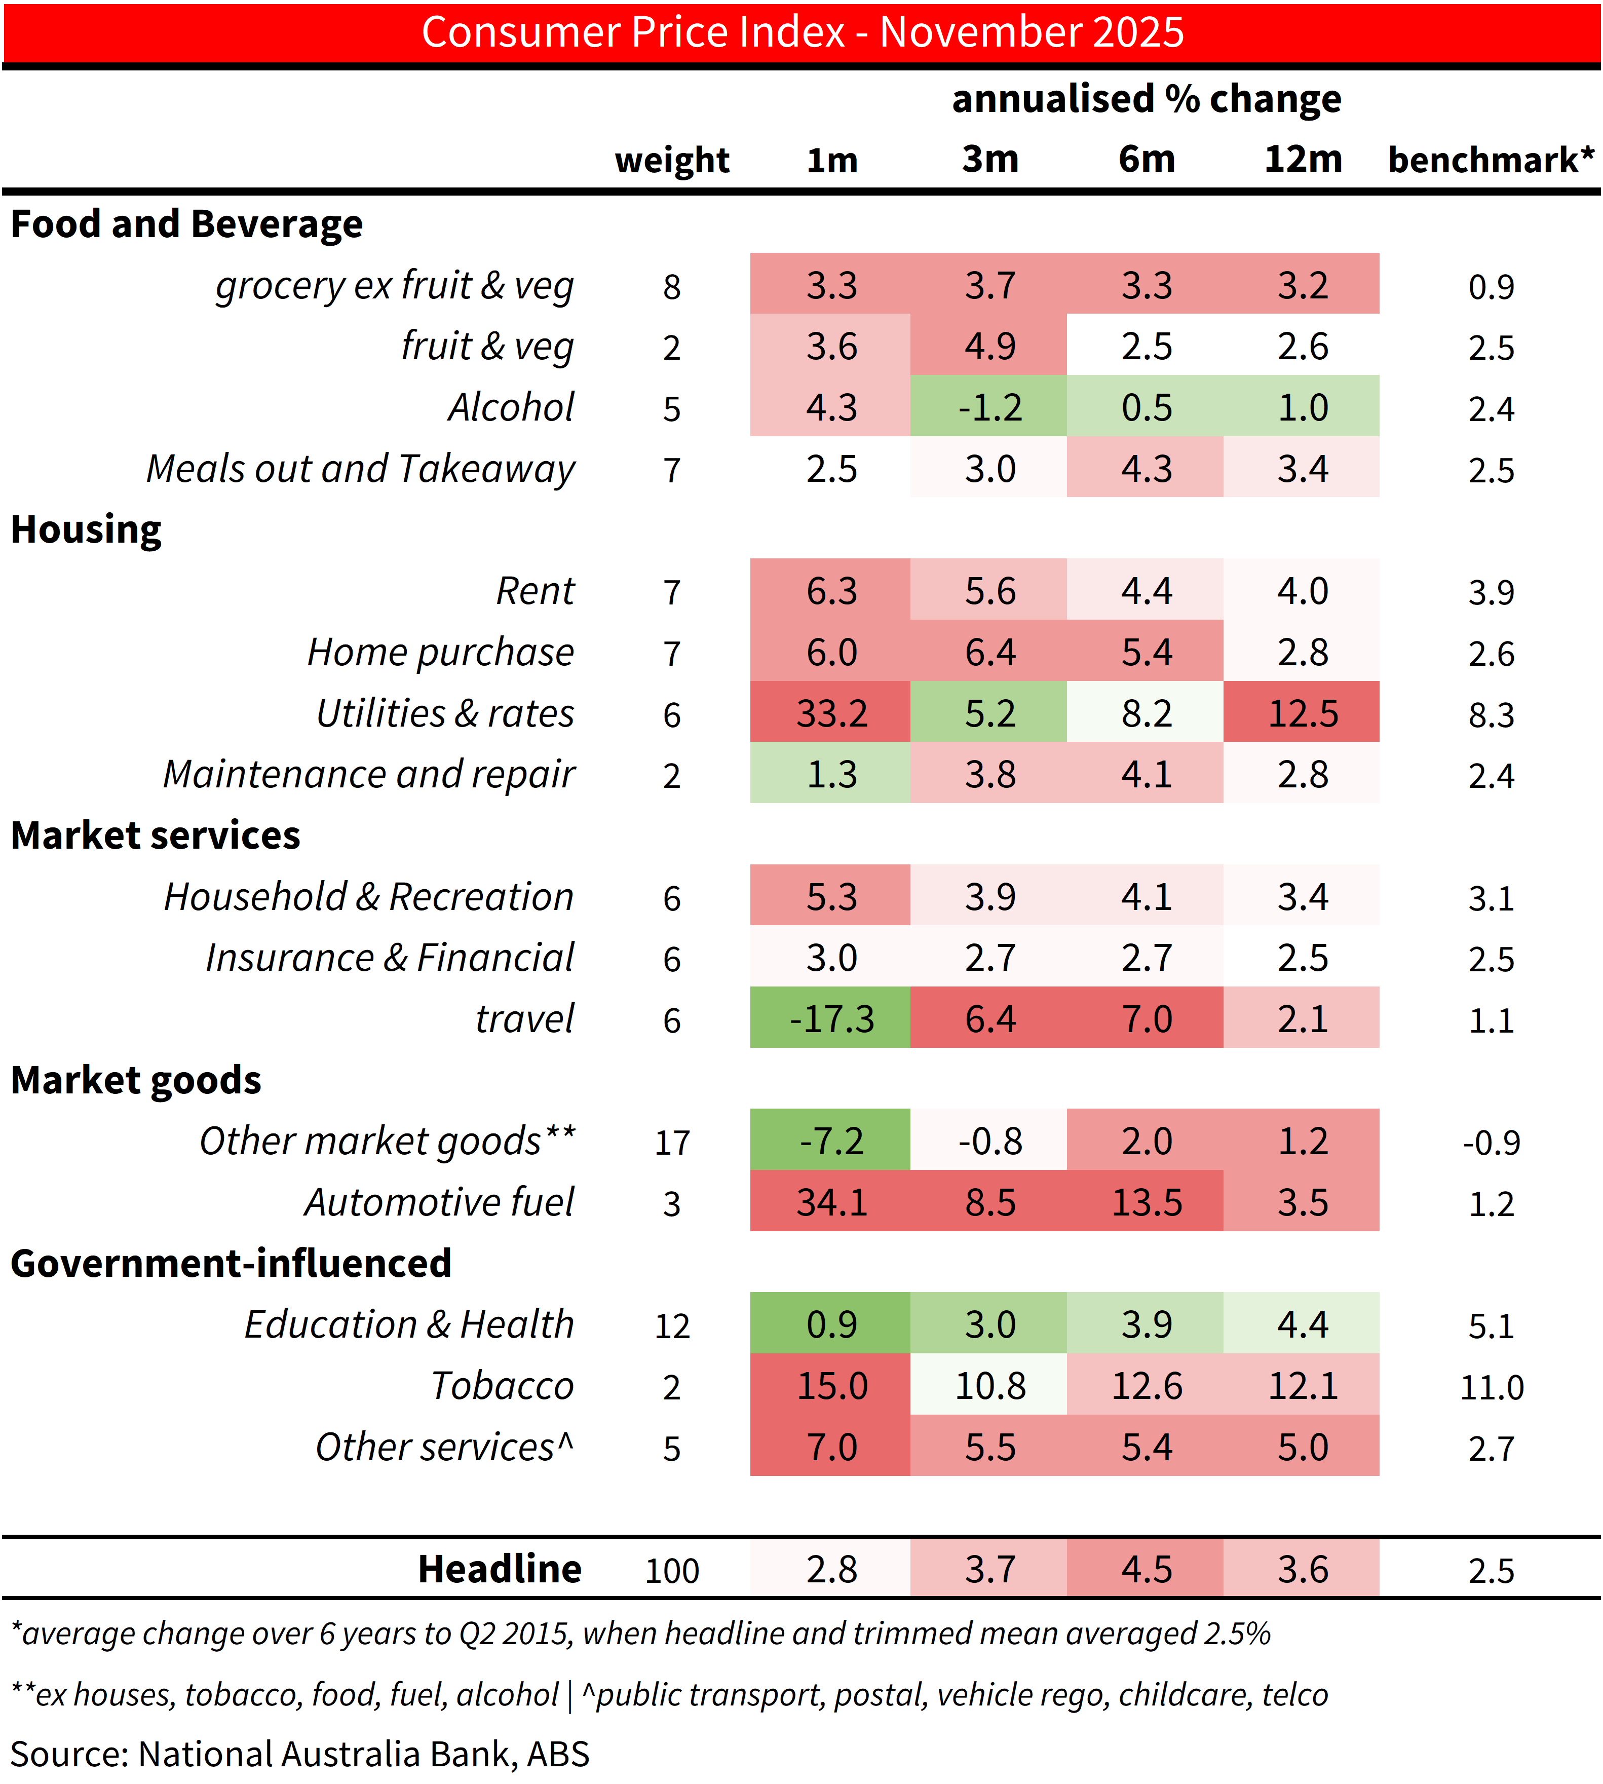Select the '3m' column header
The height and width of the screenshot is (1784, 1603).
[x=990, y=160]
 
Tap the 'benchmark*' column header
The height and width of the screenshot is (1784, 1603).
[x=1490, y=160]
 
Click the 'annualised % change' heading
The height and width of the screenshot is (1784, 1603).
[x=1146, y=99]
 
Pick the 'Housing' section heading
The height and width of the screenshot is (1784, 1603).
[x=86, y=529]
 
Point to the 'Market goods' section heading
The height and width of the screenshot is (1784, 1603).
[x=136, y=1080]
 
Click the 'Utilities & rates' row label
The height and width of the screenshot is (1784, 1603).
[x=445, y=713]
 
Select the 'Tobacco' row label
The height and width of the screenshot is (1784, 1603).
[x=502, y=1386]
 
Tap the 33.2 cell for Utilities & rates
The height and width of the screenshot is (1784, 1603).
[x=831, y=713]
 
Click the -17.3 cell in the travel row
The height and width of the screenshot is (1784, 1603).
[x=831, y=1019]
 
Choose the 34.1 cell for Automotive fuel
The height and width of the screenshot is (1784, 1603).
[x=831, y=1202]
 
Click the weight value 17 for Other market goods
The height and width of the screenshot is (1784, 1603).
[x=672, y=1143]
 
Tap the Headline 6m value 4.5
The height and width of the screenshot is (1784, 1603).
[x=1146, y=1569]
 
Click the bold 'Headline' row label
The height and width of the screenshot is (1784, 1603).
[x=500, y=1569]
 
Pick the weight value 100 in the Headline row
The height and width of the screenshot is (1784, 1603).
[x=672, y=1571]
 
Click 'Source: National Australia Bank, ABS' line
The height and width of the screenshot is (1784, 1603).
[x=299, y=1754]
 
